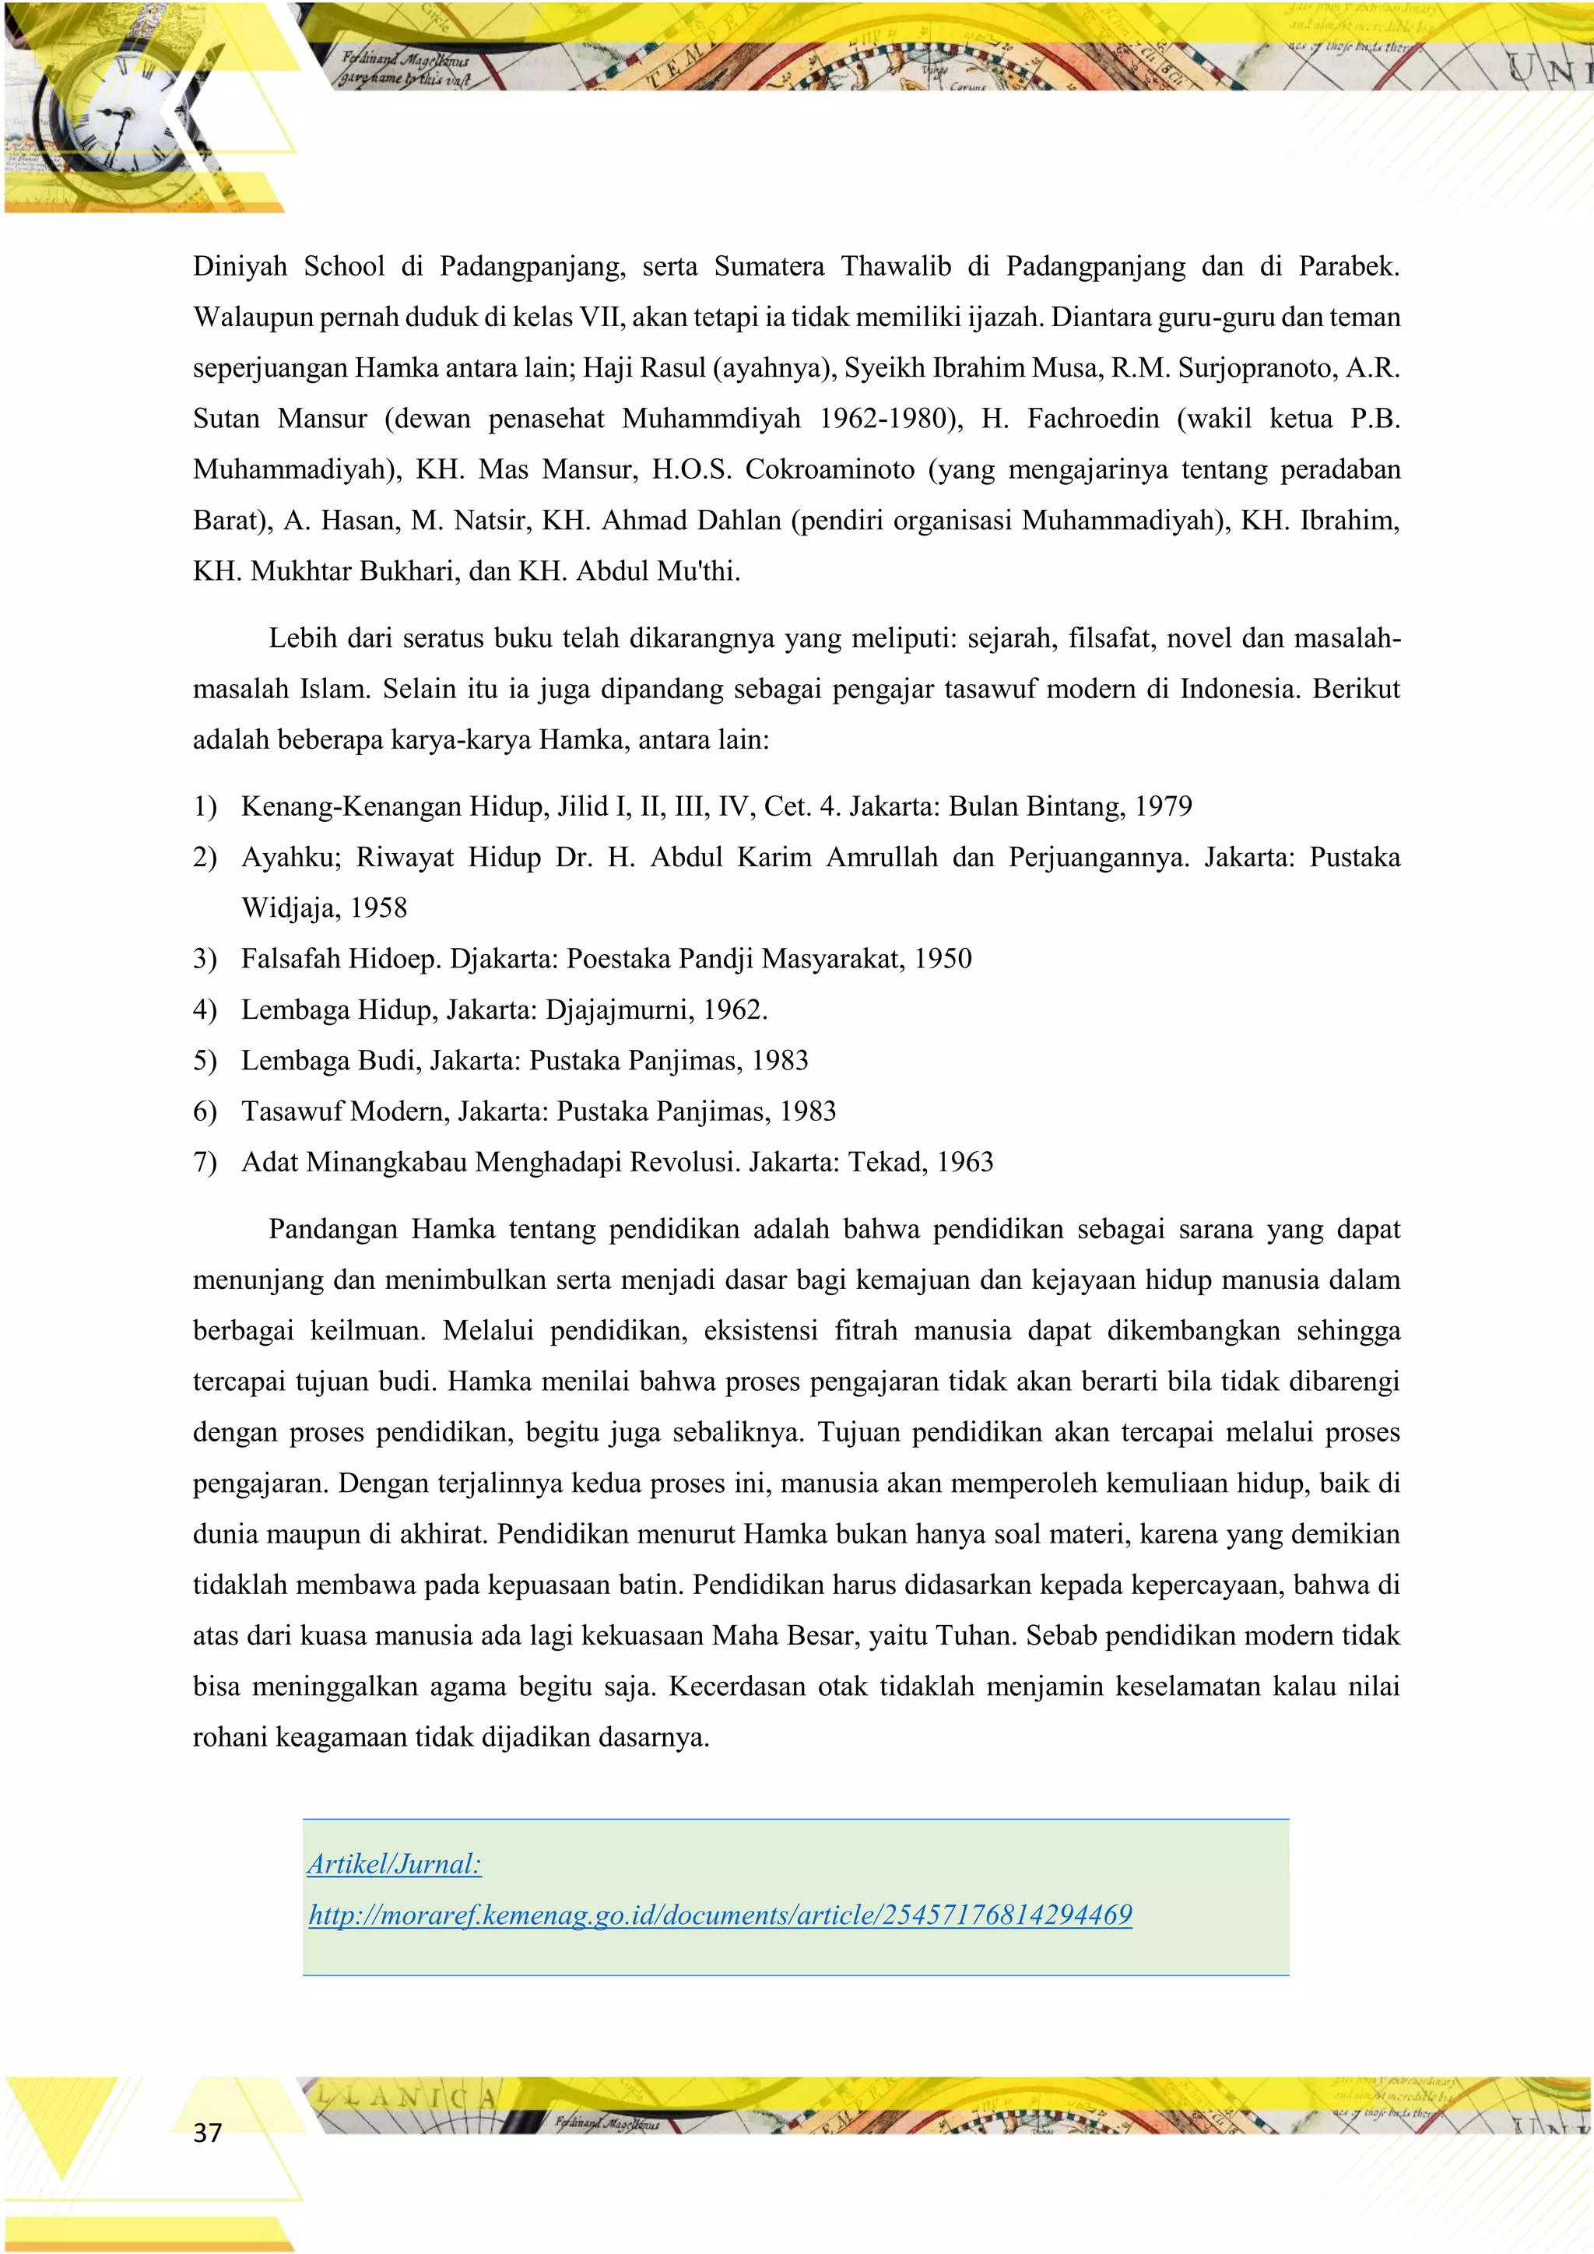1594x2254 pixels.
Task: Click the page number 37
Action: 207,2131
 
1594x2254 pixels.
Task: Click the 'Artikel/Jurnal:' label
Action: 394,1863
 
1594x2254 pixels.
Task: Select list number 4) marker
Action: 204,1009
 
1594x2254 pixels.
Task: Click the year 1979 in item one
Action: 1163,806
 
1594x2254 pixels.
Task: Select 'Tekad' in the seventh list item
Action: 887,1161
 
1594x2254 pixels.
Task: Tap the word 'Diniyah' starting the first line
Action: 240,266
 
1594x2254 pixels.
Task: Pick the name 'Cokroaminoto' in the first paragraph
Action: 830,469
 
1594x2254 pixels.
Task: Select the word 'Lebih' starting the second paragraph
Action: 302,638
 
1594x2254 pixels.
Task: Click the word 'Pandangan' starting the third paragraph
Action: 333,1229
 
